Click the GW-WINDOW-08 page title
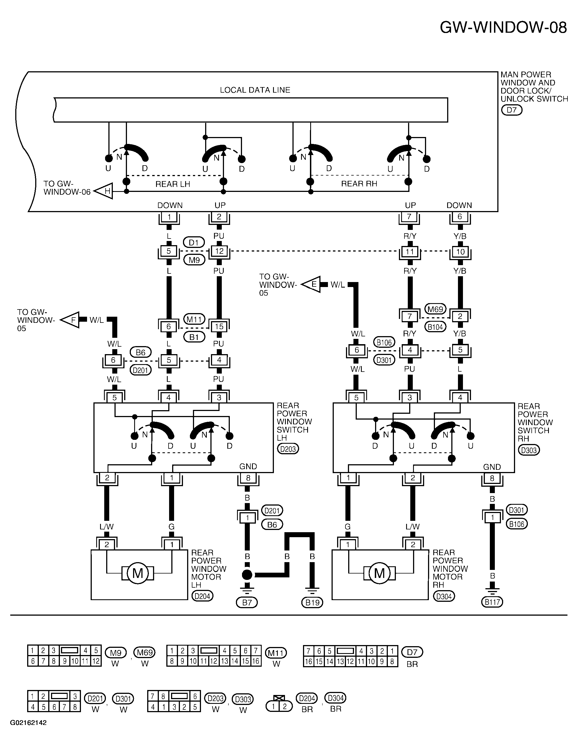click(503, 27)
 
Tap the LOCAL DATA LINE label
click(255, 90)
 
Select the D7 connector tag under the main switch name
click(512, 110)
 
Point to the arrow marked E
click(311, 284)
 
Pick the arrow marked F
click(70, 320)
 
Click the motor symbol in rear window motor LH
click(138, 573)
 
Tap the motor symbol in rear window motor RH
click(379, 573)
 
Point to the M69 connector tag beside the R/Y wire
click(435, 309)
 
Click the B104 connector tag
click(435, 327)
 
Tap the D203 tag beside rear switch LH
click(288, 448)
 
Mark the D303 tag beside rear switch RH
click(529, 450)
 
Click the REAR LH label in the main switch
click(173, 184)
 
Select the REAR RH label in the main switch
click(359, 184)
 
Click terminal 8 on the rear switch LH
click(248, 478)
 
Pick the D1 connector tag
click(194, 242)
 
